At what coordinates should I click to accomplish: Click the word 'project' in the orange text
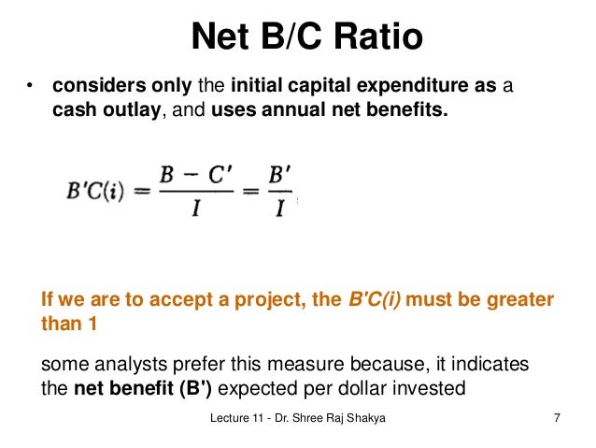(x=243, y=300)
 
